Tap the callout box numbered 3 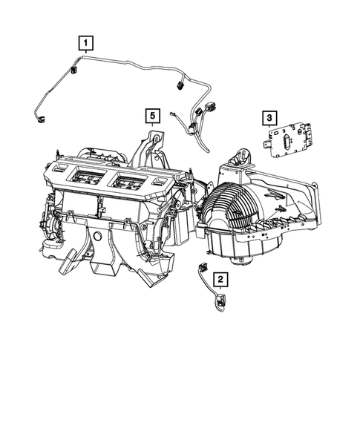coord(269,117)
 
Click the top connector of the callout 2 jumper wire coord(203,267)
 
